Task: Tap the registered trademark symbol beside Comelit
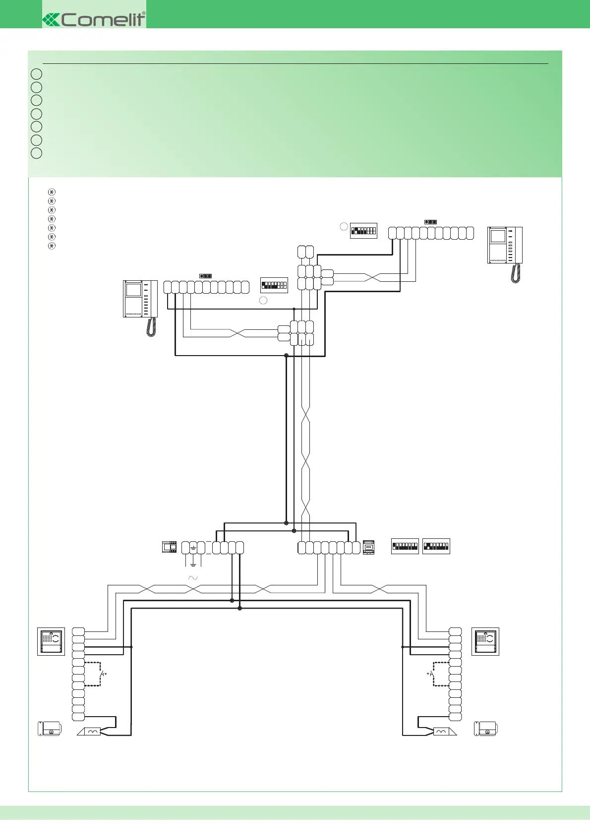tap(144, 13)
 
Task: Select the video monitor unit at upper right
tap(505, 245)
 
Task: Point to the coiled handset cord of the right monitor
tap(516, 273)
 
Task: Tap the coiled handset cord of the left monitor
tap(151, 327)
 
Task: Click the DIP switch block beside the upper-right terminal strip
tap(363, 231)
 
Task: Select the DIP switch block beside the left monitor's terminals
tap(274, 285)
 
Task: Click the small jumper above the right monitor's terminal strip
tap(430, 222)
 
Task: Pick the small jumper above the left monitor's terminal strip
tap(205, 276)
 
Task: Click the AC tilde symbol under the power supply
tap(193, 578)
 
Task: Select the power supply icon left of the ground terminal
tap(170, 547)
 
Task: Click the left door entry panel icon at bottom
tap(51, 641)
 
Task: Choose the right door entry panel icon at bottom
tap(485, 641)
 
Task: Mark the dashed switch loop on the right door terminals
tap(440, 674)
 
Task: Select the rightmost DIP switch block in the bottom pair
tap(436, 546)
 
